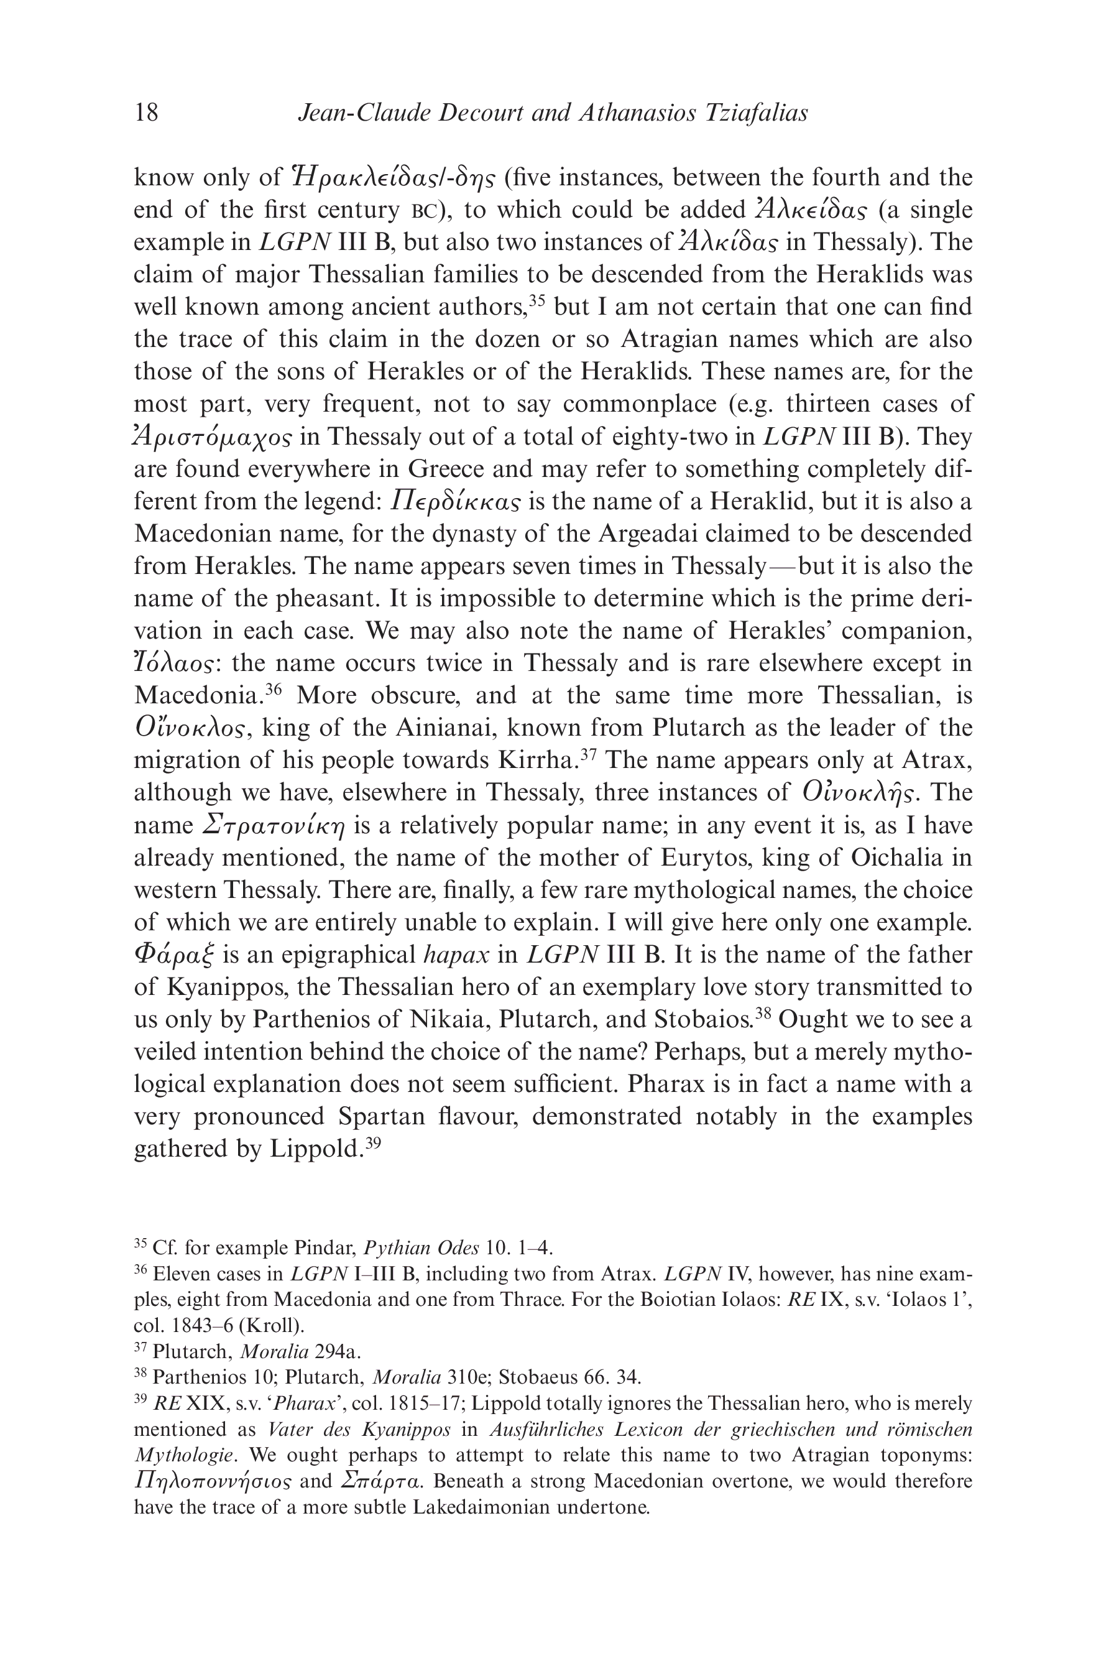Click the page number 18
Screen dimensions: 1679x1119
(146, 113)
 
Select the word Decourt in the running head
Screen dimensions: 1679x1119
(483, 113)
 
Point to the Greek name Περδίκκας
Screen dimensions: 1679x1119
(455, 502)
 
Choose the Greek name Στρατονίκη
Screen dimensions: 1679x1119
(274, 826)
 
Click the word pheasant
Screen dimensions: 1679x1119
(339, 599)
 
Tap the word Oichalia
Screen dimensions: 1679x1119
(885, 858)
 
